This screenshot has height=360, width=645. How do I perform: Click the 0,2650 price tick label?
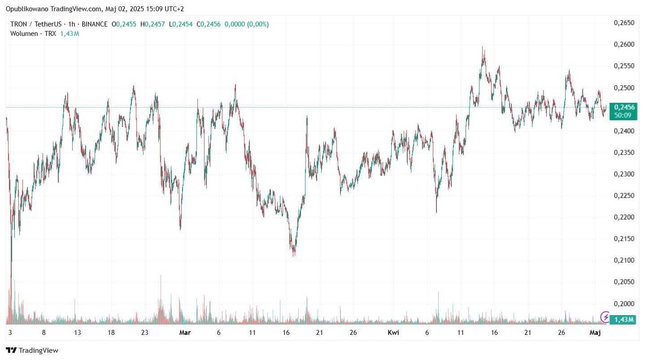click(x=624, y=23)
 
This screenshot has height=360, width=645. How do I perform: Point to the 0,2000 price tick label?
click(x=624, y=303)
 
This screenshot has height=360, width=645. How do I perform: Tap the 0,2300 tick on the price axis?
click(x=624, y=174)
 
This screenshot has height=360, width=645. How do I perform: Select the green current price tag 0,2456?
click(x=624, y=107)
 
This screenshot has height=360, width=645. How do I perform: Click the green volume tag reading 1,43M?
click(x=624, y=320)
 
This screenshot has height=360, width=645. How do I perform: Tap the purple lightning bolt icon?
click(x=605, y=317)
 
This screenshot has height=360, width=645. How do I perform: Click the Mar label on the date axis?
click(x=185, y=333)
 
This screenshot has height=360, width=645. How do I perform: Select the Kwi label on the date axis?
click(x=393, y=333)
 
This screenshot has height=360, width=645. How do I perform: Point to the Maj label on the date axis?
click(x=595, y=333)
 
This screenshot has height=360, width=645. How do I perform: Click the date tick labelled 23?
click(x=144, y=333)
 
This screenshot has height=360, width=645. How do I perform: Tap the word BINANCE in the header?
click(x=95, y=24)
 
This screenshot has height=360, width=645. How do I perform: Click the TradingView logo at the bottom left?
click(x=32, y=350)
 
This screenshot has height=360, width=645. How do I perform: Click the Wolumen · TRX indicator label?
click(x=33, y=34)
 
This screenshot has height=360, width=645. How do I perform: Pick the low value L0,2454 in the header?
click(x=181, y=24)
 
